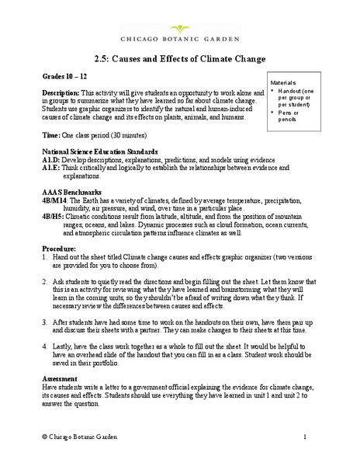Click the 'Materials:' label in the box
[284, 82]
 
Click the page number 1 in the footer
[328, 437]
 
